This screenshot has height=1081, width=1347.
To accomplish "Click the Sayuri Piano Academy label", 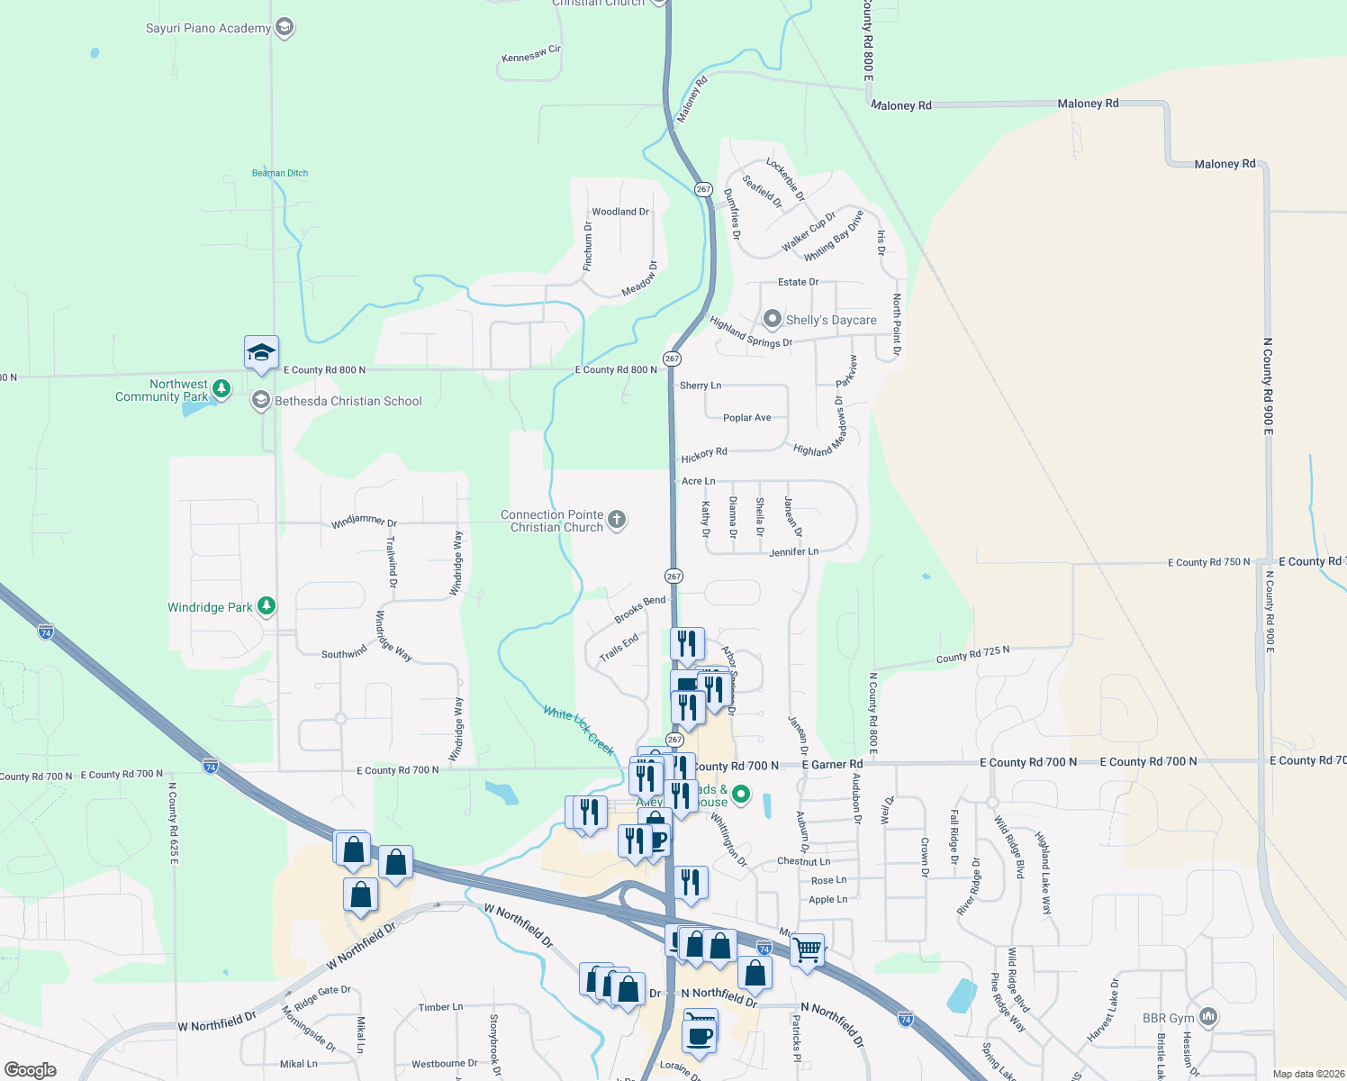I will click(x=208, y=28).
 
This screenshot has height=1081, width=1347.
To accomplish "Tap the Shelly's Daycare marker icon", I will click(x=772, y=319).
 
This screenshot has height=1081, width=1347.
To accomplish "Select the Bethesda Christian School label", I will click(x=348, y=401).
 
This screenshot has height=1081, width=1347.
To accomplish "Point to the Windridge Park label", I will click(x=210, y=607).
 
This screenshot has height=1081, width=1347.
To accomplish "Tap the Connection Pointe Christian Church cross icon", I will click(x=617, y=519).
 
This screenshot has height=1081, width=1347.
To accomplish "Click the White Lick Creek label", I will click(x=578, y=730).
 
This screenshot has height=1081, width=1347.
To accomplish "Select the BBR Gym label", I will click(x=1168, y=1018).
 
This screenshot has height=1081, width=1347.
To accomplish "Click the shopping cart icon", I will click(x=807, y=949).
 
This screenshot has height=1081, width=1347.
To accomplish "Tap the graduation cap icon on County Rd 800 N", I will click(x=261, y=352).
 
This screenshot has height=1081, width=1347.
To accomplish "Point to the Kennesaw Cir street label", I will click(x=531, y=54).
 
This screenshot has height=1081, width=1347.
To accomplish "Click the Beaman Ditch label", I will click(x=280, y=173).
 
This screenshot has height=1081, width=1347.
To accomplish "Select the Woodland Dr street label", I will click(x=620, y=212).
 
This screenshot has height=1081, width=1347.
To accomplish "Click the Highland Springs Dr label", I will click(x=750, y=332).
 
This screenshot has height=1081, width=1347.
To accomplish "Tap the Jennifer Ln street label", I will click(x=793, y=551).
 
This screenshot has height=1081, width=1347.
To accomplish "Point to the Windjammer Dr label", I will click(x=364, y=522).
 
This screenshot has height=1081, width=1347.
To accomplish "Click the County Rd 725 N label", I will click(x=972, y=655).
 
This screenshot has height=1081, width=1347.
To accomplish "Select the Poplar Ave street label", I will click(x=746, y=417).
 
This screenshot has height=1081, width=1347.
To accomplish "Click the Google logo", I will click(x=31, y=1069).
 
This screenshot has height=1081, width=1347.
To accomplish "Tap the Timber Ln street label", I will click(x=440, y=1007).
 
